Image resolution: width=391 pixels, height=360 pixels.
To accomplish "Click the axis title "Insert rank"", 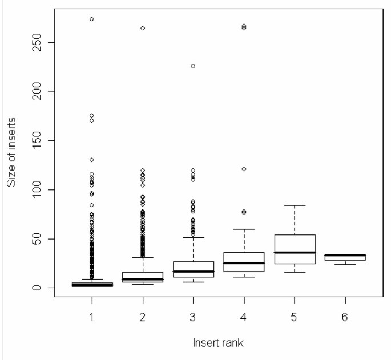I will [218, 343].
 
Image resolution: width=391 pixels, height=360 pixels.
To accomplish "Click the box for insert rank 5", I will [295, 249].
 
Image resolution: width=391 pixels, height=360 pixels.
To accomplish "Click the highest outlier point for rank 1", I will [91, 19].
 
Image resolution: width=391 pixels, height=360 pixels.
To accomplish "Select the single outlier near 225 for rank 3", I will [193, 66].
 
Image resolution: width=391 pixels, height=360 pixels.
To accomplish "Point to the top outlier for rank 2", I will [142, 28].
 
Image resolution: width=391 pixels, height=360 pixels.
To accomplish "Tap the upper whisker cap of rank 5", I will [295, 205].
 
